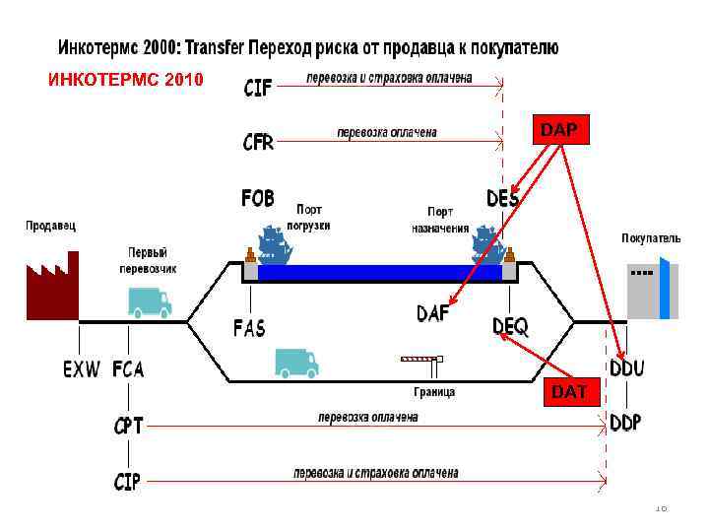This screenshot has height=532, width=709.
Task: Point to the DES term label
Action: (x=502, y=198)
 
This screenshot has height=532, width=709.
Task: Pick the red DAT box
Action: (x=569, y=391)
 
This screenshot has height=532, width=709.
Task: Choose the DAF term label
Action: (x=434, y=312)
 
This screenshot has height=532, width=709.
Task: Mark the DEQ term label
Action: (x=510, y=325)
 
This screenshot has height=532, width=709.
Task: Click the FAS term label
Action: (x=249, y=327)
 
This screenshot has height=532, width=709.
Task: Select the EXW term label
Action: (x=82, y=369)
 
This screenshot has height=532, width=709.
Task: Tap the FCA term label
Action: (x=128, y=369)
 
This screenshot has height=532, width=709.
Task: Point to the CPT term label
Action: (x=129, y=426)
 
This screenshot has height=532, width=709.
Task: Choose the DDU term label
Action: (x=626, y=368)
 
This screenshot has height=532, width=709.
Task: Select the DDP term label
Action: (x=625, y=422)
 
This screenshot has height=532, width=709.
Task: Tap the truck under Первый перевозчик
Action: (x=149, y=302)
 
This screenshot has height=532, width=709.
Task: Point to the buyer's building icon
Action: (x=652, y=288)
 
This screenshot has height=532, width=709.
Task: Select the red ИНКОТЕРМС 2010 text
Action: (x=126, y=79)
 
